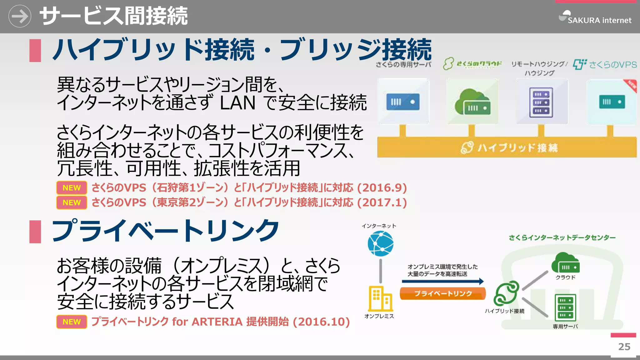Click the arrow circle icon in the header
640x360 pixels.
pos(20,16)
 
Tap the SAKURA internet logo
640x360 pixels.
pos(595,17)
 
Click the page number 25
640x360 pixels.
pos(624,347)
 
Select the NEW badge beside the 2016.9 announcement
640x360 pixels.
pos(72,188)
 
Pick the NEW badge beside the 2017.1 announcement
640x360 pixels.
pos(72,202)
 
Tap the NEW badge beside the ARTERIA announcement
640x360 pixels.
pos(72,322)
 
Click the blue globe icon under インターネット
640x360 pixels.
pos(380,244)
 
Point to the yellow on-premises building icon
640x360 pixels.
pos(380,298)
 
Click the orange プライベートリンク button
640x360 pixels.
pos(443,293)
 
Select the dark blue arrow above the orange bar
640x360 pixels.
pos(443,281)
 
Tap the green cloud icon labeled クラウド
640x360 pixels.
pos(565,263)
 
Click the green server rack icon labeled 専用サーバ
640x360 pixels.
pos(565,307)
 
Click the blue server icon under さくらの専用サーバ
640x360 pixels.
pos(403,102)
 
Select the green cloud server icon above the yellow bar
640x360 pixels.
pos(472,102)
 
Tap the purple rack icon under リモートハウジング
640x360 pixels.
pos(541,102)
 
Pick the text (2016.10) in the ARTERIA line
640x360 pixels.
pos(321,322)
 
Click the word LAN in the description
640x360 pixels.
pos(237,103)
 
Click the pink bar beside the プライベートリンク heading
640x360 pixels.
pos(35,232)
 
